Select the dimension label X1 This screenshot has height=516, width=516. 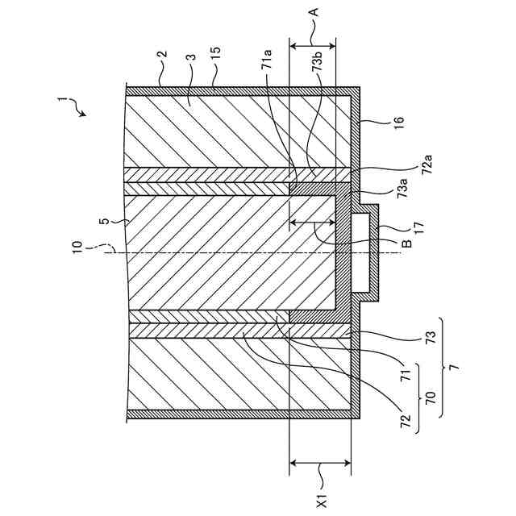click(x=320, y=501)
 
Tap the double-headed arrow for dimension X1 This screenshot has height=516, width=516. click(x=320, y=463)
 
